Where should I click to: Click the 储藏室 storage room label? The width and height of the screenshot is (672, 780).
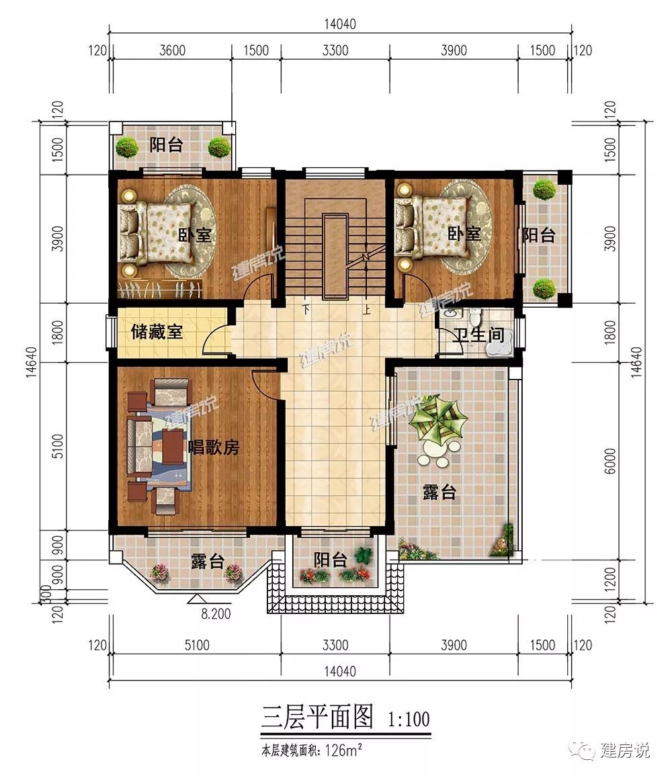pos(157,332)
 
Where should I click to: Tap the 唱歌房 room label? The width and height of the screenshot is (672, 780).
pos(214,447)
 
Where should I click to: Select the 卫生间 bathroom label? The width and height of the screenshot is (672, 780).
pos(480,335)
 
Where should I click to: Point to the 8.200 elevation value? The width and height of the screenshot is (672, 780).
pos(216,614)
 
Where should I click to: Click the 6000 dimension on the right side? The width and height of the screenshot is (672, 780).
pos(610,461)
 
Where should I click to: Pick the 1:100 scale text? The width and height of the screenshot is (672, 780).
pos(409,719)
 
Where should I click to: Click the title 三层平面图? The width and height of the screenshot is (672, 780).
pos(317,717)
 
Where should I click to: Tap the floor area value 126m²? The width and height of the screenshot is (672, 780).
pos(343,750)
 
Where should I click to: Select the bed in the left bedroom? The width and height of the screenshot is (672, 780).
pos(155,233)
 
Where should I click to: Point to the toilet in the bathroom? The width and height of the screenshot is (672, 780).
pos(474,316)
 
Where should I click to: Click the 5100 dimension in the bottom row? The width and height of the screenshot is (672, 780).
pos(197,645)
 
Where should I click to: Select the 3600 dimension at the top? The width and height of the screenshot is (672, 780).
pos(172,50)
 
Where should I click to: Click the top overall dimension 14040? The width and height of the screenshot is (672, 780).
pos(340,24)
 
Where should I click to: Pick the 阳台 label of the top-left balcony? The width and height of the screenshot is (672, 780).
pos(167,145)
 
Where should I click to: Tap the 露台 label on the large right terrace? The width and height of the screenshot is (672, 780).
pos(439,492)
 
